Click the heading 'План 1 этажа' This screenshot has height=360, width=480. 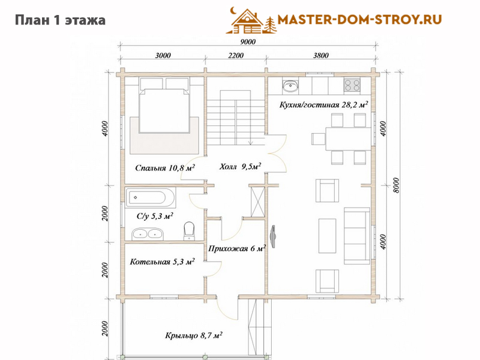coord(61,20)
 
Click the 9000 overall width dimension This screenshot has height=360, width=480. coord(248,41)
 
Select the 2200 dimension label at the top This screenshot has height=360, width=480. coord(236,55)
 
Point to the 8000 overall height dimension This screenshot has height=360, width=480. coord(396,185)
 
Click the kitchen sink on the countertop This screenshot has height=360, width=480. coord(290,86)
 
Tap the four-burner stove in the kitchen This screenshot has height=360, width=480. coord(352,85)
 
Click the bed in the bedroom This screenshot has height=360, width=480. coord(164,106)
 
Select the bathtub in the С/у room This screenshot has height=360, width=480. coord(151,198)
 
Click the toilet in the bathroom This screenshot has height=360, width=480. coord(189,231)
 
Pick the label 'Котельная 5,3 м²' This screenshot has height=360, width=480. coord(162,262)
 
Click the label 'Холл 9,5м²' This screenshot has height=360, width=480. coord(241,167)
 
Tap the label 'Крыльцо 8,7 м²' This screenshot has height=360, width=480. coord(194,335)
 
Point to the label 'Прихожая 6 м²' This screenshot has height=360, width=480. coord(237,248)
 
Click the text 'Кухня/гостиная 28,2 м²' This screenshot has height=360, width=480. coord(323,104)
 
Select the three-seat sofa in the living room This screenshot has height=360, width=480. coord(357,236)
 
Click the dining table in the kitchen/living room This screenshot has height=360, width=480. coord(349,139)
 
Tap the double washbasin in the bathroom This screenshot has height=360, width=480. coord(148,234)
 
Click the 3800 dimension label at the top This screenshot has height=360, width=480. coord(321,55)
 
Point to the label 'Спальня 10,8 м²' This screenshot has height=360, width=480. coord(166,168)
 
